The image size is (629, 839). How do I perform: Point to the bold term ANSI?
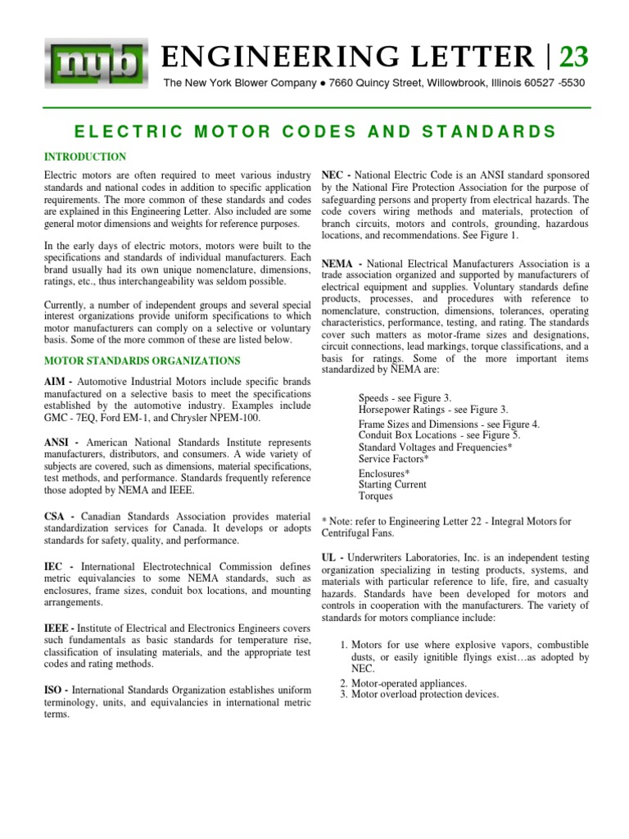coord(57,441)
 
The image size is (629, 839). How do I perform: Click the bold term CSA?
coord(54,519)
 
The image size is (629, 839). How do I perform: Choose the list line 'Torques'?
coord(376,497)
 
